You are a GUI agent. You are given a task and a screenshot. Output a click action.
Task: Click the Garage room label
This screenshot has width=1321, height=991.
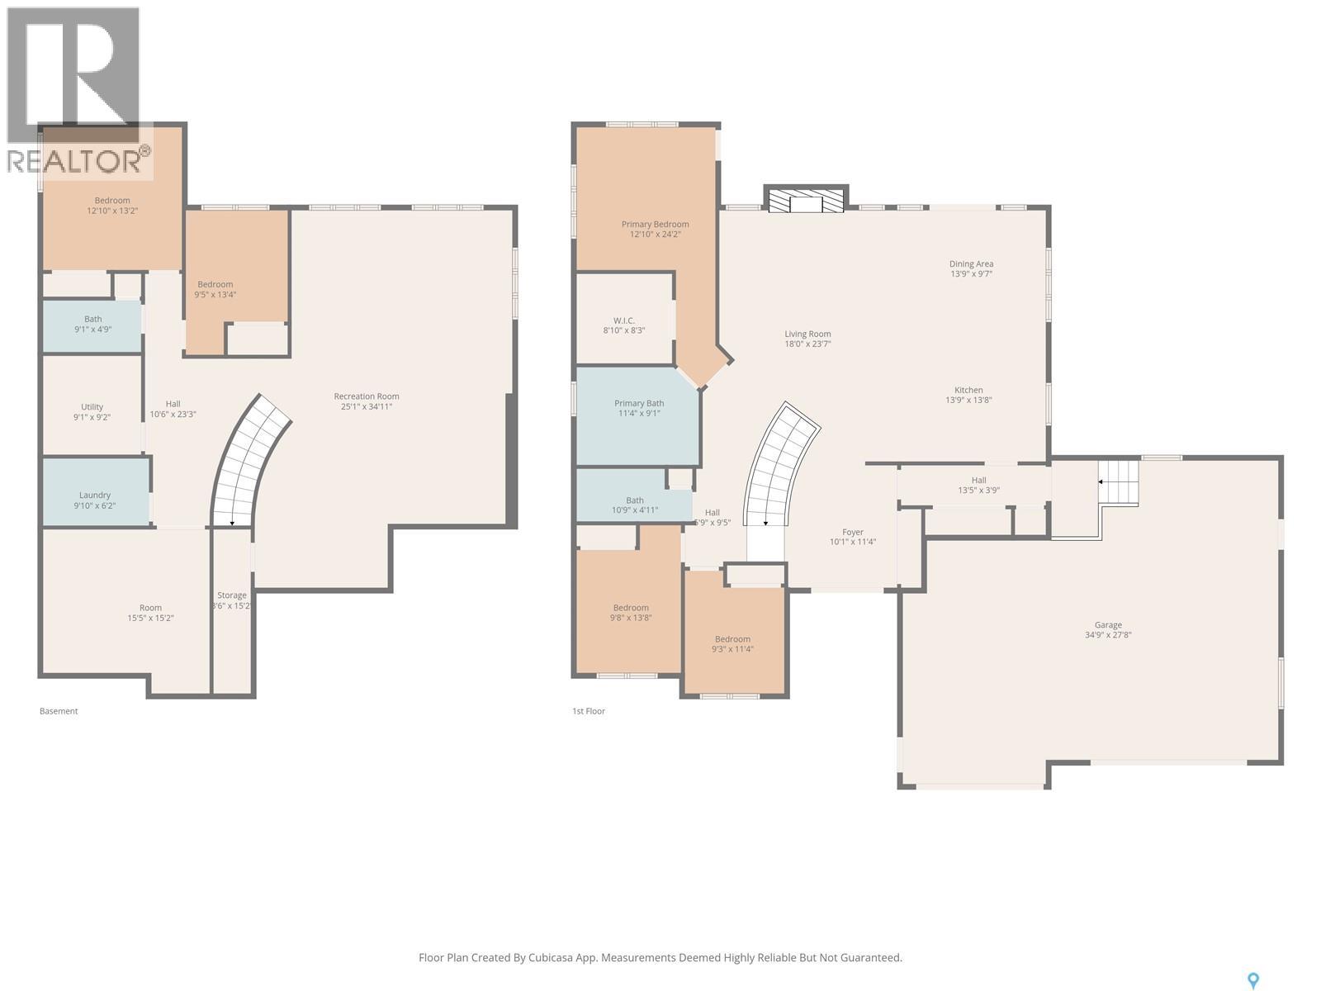click(1108, 625)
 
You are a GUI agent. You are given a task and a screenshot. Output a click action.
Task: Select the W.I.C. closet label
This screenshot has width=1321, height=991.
click(623, 320)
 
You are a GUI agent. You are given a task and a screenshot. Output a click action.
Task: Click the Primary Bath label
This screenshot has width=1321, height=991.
click(639, 403)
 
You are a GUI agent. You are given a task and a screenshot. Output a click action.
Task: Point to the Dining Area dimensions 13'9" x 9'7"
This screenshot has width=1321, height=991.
click(971, 273)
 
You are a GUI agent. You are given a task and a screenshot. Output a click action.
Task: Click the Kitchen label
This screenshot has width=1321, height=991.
click(968, 390)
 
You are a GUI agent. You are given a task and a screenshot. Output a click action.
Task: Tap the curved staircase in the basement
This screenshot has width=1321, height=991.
click(248, 462)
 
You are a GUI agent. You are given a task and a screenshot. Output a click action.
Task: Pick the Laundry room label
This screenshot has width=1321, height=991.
click(95, 495)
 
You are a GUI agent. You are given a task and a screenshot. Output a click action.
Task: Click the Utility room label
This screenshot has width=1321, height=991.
click(92, 406)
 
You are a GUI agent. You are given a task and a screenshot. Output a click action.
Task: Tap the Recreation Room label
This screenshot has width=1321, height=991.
click(367, 396)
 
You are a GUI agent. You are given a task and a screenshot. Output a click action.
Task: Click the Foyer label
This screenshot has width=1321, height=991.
click(853, 533)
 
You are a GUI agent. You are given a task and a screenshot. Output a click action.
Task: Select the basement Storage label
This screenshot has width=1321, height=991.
click(232, 595)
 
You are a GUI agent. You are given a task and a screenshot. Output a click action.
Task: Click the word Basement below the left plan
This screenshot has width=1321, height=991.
click(59, 711)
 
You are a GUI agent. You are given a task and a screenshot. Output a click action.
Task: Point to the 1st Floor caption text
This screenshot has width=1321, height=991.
click(589, 711)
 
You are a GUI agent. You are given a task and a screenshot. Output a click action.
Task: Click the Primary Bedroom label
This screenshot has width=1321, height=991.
click(655, 224)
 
